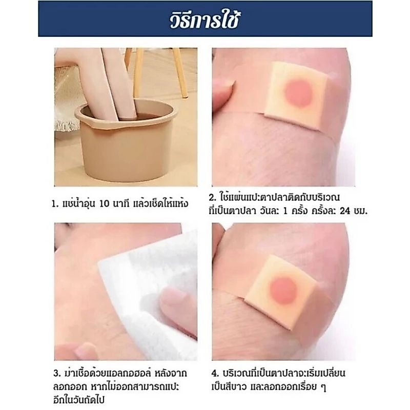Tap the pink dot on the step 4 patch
coord(284,290)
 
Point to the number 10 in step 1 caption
coord(104,204)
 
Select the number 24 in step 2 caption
coord(344,211)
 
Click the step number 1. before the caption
coord(54,204)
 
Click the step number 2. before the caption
coord(212,198)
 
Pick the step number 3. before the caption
coord(57,373)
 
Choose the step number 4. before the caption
coord(215,373)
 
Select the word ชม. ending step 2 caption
coord(360,211)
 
